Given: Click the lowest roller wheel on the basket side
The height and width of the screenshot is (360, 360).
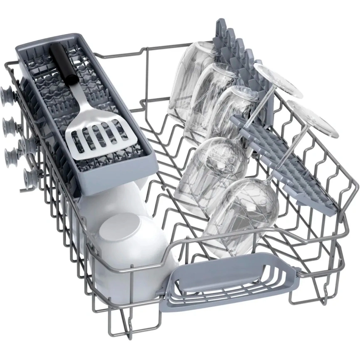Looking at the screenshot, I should coord(30,177).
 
